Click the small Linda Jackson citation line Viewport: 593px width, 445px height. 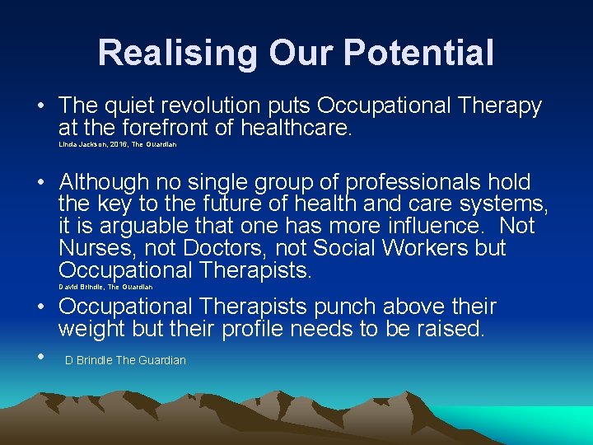tap(117, 145)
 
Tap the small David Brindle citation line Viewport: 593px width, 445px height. tap(105, 287)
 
